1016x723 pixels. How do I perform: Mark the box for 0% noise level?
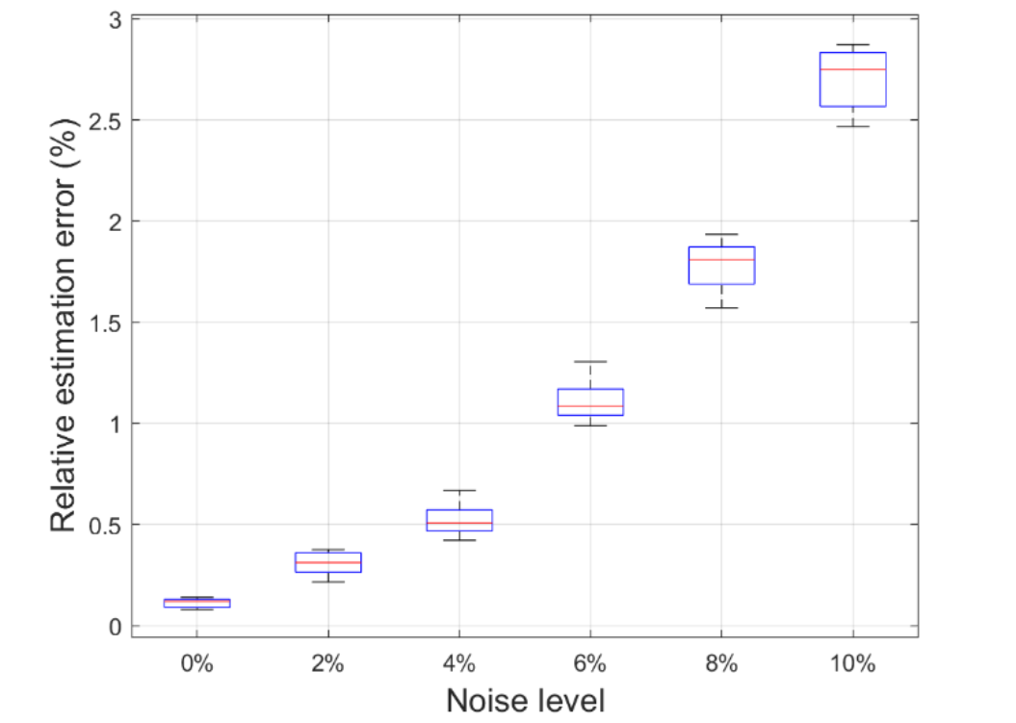click(x=196, y=604)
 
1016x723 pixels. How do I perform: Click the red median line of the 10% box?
click(x=852, y=69)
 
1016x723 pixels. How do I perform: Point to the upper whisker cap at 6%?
click(x=590, y=362)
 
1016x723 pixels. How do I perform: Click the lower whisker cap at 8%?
click(x=721, y=308)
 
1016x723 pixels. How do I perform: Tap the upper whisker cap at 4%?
click(x=459, y=491)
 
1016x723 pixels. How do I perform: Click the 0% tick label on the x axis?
click(x=196, y=664)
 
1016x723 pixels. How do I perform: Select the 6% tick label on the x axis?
click(x=590, y=664)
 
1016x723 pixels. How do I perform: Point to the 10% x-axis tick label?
click(x=852, y=664)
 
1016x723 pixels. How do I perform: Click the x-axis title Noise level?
click(x=525, y=700)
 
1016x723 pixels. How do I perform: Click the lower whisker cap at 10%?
click(x=852, y=126)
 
